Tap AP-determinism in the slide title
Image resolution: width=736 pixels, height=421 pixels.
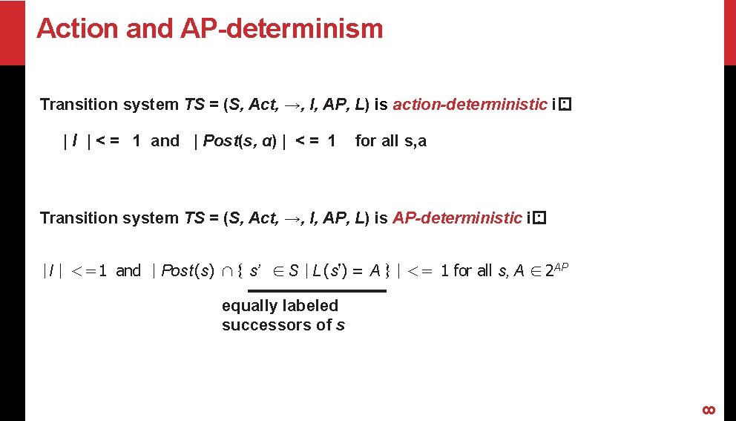coord(282,29)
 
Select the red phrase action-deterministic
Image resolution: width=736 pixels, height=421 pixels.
coord(470,105)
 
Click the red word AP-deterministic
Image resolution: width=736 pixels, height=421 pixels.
coord(457,218)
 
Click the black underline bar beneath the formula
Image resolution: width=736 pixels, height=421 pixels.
coord(317,290)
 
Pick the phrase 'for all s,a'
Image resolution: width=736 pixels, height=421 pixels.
coord(391,141)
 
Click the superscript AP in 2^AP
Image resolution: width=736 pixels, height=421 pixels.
coord(562,266)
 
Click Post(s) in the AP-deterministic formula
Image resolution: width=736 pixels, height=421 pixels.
coord(188,271)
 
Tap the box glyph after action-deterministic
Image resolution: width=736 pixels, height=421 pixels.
coord(565,105)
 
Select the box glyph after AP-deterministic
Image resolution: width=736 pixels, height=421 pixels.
coord(539,218)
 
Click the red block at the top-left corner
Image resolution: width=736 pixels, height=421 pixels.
coord(13,32)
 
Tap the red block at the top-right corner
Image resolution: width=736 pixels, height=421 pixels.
coord(730,32)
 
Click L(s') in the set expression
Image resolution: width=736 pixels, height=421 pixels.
coord(328,271)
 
